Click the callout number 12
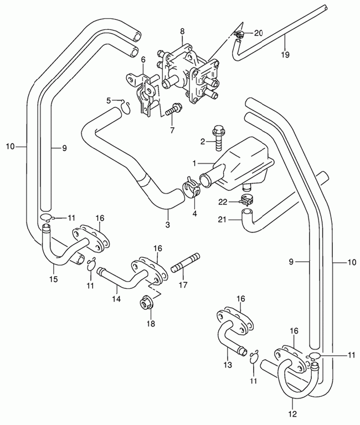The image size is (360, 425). click(x=292, y=413)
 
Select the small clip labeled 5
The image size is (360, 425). click(x=125, y=104)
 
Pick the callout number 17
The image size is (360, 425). click(x=183, y=286)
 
